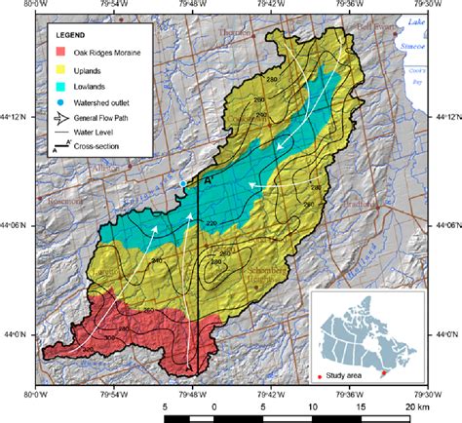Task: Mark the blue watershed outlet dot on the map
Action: click(x=182, y=183)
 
